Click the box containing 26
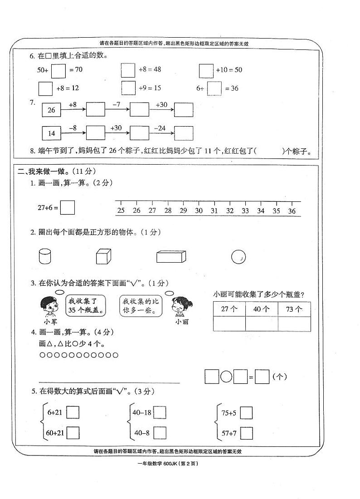pyautogui.click(x=51, y=110)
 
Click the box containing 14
pyautogui.click(x=51, y=133)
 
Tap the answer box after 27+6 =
pyautogui.click(x=68, y=207)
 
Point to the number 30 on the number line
pyautogui.click(x=199, y=210)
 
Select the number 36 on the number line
pyautogui.click(x=292, y=210)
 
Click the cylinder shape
pyautogui.click(x=45, y=257)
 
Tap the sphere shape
pyautogui.click(x=238, y=257)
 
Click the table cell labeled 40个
pyautogui.click(x=262, y=309)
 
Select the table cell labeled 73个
pyautogui.click(x=294, y=309)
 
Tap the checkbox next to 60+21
pyautogui.click(x=73, y=433)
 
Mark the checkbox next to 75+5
pyautogui.click(x=246, y=413)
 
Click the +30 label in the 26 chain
pyautogui.click(x=161, y=105)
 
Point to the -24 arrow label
pyautogui.click(x=160, y=128)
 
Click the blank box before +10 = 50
pyautogui.click(x=206, y=70)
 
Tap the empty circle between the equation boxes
pyautogui.click(x=226, y=377)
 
